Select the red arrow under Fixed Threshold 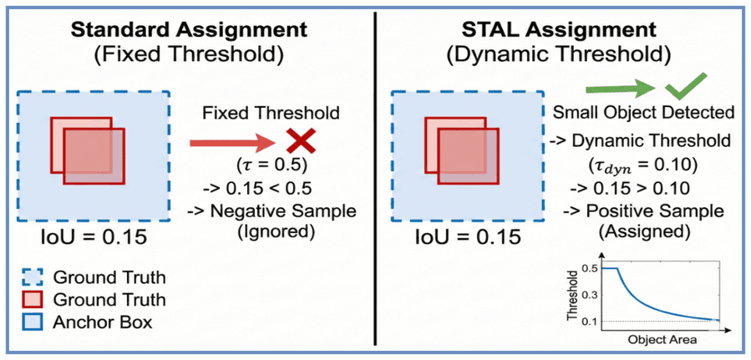[233, 142]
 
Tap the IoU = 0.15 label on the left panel [94, 237]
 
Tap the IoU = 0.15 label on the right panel [469, 237]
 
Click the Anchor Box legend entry [103, 322]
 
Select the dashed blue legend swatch [33, 276]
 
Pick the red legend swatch [33, 300]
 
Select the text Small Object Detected [644, 113]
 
